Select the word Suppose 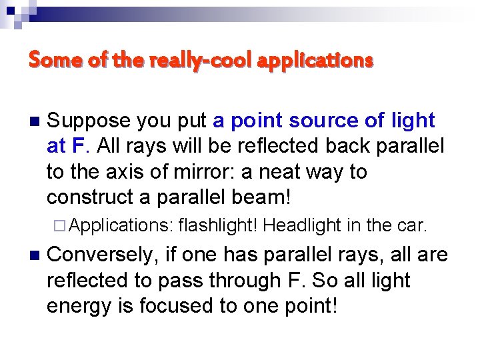click(x=88, y=121)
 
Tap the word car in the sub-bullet click(x=411, y=226)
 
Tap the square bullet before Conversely click(x=35, y=255)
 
